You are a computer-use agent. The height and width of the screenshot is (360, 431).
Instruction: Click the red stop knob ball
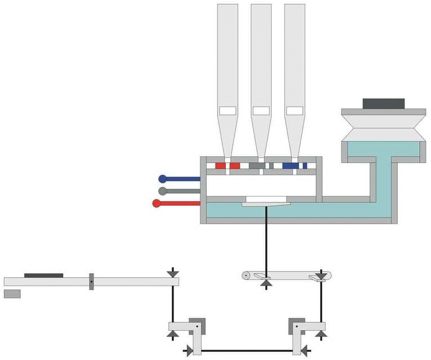point(157,203)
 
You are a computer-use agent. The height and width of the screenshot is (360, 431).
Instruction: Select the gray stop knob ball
point(162,191)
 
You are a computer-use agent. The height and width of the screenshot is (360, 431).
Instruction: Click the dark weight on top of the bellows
point(384,104)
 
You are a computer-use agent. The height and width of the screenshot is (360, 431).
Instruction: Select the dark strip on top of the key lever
point(43,275)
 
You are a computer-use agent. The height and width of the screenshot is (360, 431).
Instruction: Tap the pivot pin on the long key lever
point(91,281)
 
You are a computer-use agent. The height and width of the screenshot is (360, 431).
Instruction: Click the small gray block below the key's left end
point(12,294)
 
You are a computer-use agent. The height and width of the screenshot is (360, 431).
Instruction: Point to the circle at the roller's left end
point(246,275)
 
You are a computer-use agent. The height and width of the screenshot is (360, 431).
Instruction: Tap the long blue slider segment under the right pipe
point(291,166)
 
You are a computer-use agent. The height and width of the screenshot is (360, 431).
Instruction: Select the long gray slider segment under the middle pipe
point(256,166)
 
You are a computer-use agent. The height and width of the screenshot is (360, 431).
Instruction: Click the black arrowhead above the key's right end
point(171,273)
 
